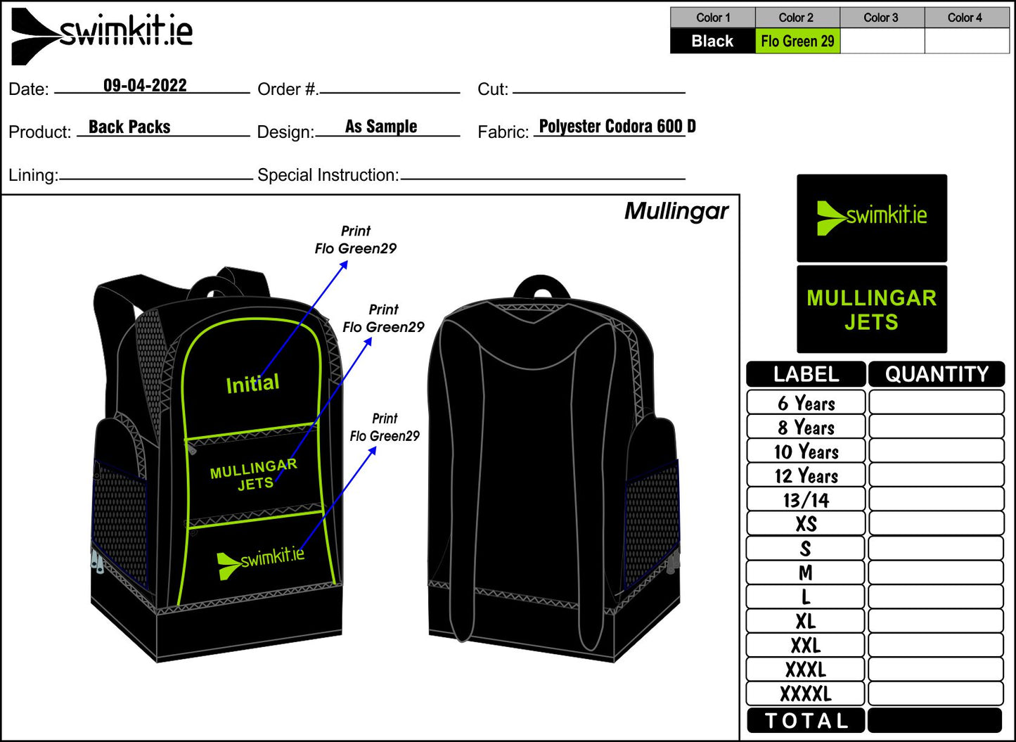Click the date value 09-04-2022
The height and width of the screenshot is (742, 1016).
[x=145, y=86]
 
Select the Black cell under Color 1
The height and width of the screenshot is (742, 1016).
[x=712, y=41]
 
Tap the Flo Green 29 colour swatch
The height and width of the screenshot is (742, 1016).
[x=797, y=41]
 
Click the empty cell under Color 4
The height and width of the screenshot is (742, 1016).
[x=967, y=41]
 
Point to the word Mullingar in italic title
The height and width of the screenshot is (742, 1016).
[x=676, y=211]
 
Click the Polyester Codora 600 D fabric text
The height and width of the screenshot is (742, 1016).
[x=617, y=127]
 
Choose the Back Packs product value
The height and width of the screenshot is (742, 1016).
[x=129, y=127]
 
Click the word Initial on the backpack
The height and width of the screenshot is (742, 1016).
[x=252, y=384]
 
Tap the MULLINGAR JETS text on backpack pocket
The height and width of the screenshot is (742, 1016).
[x=254, y=475]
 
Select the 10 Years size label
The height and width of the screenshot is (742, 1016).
[x=806, y=452]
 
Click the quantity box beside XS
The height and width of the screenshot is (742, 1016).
[x=936, y=524]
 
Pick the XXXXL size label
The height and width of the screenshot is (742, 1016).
[x=806, y=694]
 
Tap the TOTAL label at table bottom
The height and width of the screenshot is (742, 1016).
[x=806, y=721]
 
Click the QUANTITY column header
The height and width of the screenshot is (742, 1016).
[x=937, y=374]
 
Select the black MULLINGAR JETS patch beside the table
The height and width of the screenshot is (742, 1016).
[x=872, y=309]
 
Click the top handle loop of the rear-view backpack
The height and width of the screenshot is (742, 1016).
[x=542, y=287]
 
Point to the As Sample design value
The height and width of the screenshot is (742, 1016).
[x=381, y=127]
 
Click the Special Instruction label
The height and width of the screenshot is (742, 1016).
[x=328, y=175]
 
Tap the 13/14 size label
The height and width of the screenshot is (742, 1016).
[x=806, y=500]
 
